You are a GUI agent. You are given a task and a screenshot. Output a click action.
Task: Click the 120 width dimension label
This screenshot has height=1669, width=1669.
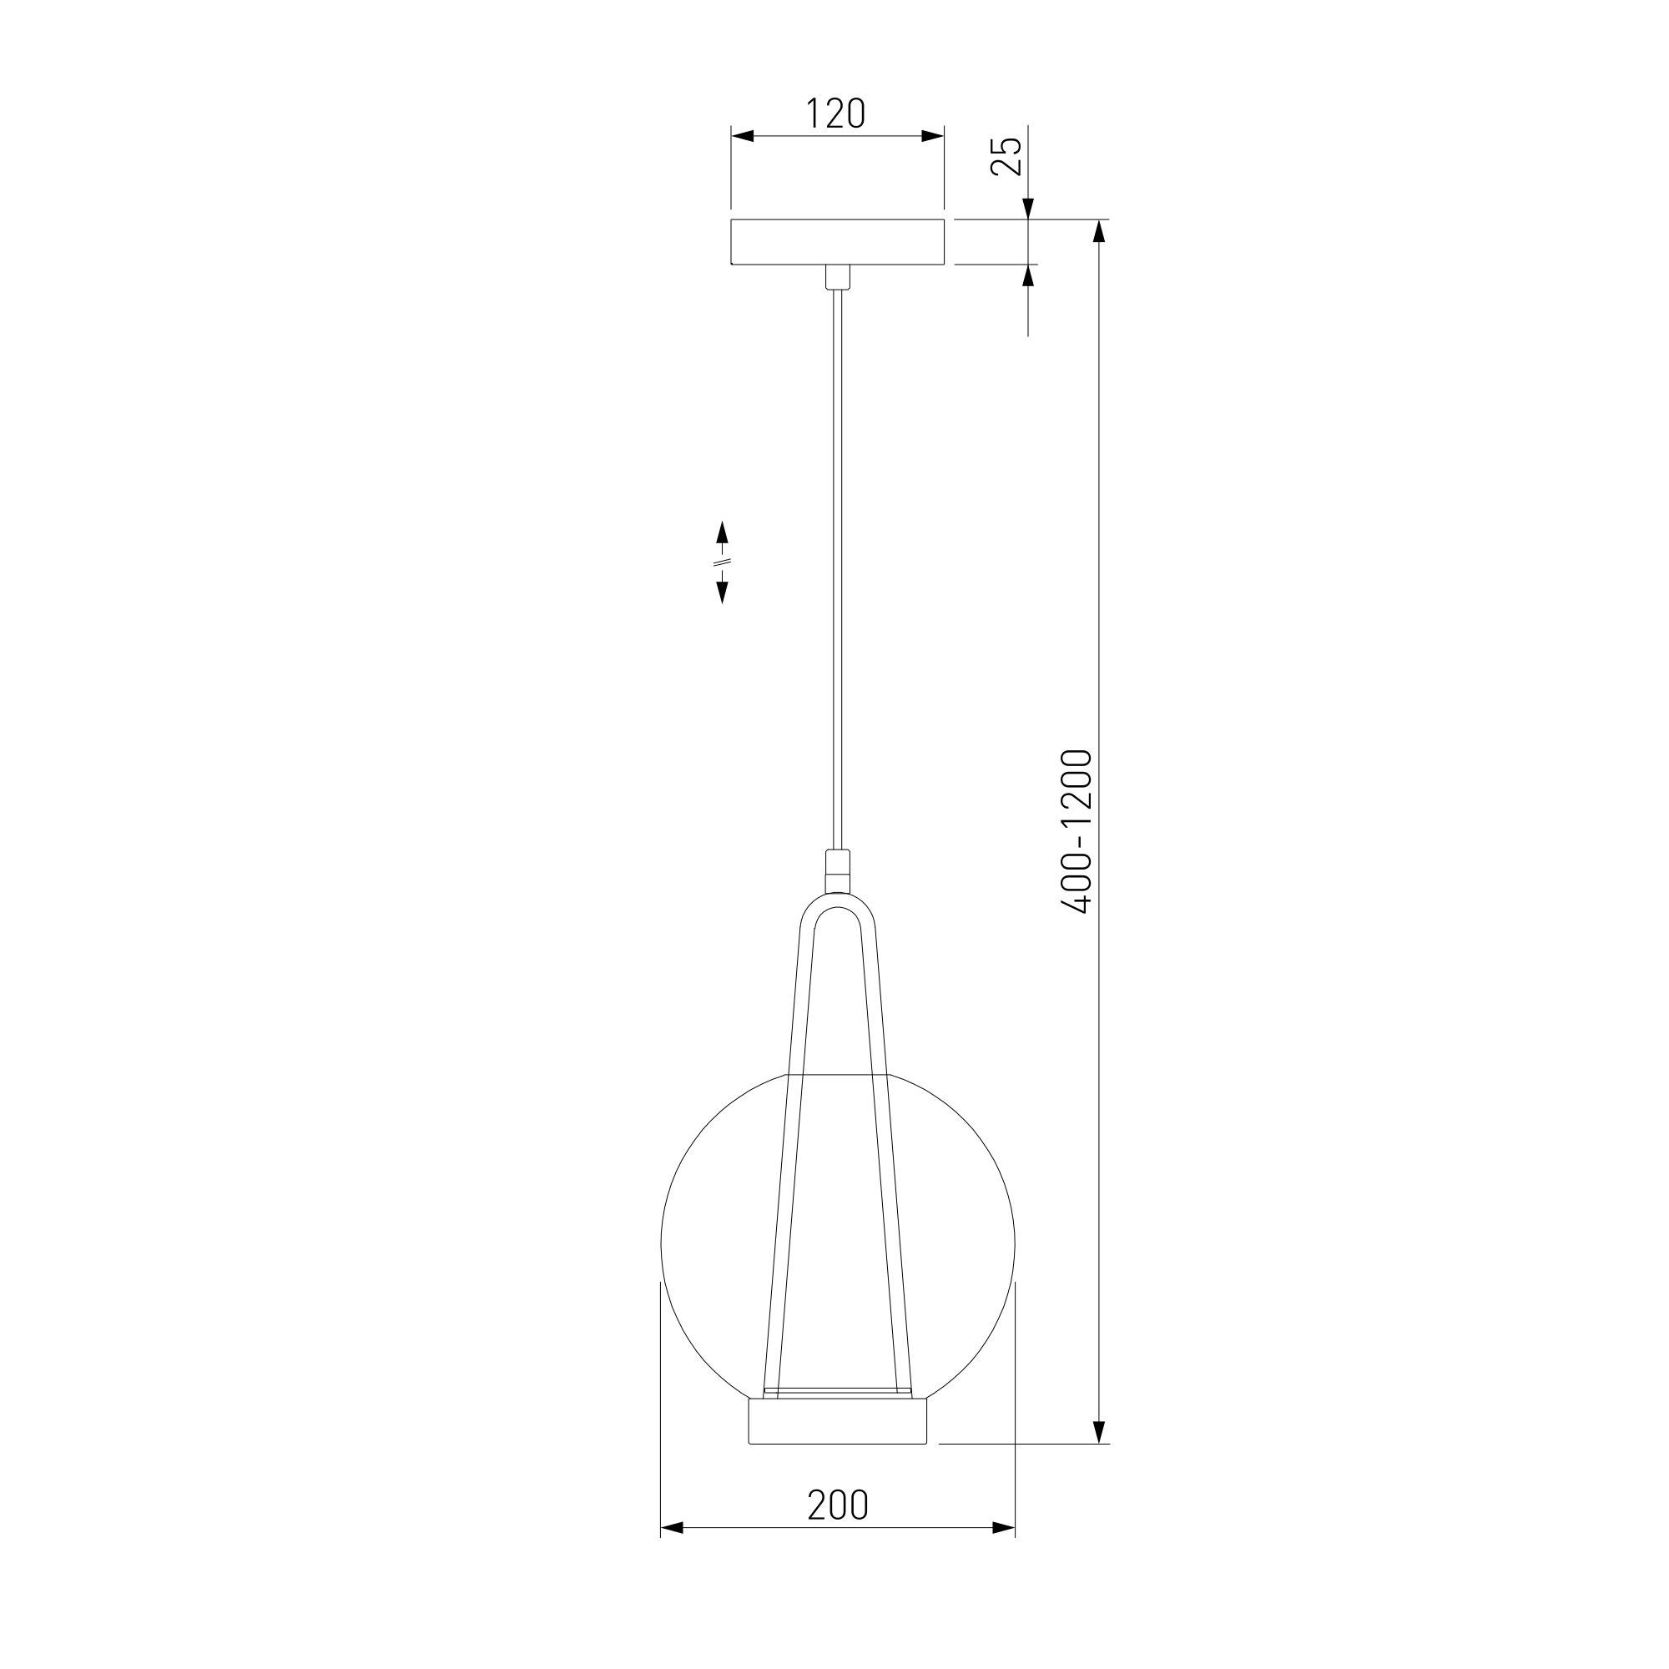click(835, 114)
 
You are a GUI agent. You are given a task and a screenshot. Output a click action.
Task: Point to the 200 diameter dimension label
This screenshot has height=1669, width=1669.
click(837, 1505)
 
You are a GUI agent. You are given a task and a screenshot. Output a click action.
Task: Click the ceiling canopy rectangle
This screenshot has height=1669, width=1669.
click(837, 243)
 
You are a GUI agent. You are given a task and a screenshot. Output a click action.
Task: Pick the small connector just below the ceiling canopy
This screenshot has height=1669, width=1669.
click(837, 277)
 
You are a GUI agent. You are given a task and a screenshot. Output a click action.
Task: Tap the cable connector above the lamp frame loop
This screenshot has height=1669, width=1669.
click(837, 870)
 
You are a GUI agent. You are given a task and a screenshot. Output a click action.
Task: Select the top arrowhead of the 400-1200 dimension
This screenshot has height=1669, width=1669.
click(1100, 234)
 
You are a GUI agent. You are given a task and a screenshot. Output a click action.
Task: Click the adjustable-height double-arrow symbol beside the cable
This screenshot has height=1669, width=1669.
click(722, 562)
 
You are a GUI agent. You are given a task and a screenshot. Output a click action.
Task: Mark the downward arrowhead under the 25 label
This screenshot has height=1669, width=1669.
click(1028, 209)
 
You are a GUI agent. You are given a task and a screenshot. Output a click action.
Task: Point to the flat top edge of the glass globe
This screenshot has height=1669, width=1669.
click(837, 1074)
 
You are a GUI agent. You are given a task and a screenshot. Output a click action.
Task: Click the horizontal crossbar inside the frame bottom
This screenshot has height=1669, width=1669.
click(837, 1393)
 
